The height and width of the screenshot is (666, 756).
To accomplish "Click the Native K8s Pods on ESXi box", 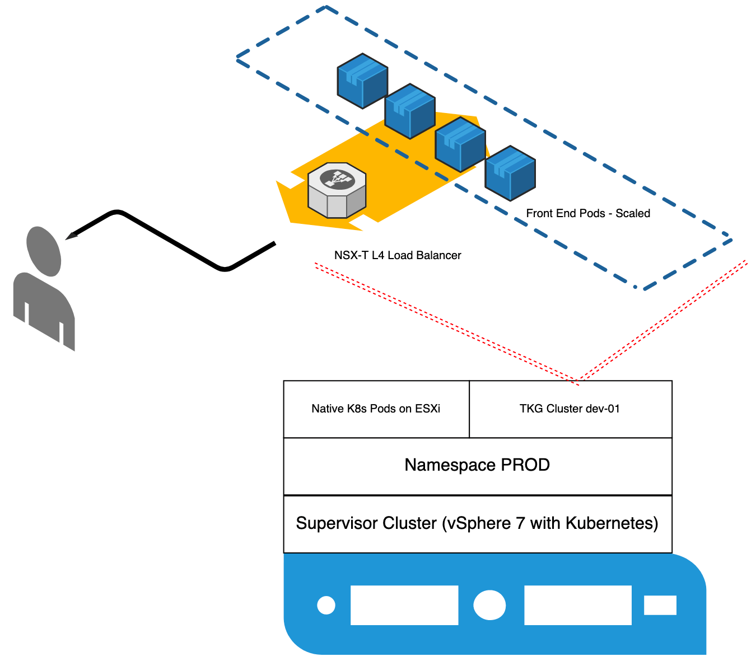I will [376, 409].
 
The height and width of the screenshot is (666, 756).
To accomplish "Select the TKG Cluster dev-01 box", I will [570, 409].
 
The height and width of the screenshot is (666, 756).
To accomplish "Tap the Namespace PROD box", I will [477, 466].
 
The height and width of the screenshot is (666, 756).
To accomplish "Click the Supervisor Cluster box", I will [477, 524].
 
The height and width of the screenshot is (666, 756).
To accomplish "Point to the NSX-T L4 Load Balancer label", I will [398, 255].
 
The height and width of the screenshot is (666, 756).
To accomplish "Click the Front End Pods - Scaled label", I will [588, 213].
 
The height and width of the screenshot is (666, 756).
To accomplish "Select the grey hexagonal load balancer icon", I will [337, 190].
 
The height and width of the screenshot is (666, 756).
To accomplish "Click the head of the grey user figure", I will [44, 251].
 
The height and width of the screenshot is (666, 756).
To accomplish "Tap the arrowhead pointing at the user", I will [72, 235].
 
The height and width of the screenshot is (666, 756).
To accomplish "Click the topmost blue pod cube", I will [362, 81].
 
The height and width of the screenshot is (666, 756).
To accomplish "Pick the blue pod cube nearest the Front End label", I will [510, 173].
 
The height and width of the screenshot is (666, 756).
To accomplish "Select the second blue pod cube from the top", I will [410, 111].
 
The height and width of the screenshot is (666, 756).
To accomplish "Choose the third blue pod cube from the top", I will [460, 144].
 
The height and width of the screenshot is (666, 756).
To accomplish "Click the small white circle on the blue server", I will [326, 605].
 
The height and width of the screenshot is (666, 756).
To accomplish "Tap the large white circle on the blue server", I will [489, 605].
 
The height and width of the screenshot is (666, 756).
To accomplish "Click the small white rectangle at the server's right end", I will [660, 605].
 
